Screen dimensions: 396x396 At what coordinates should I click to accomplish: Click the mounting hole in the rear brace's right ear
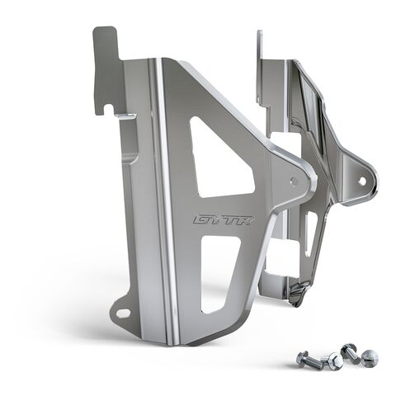point(360,174)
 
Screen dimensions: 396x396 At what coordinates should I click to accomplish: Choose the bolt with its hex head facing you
point(333,361)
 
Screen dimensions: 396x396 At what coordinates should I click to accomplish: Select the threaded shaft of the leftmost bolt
point(301,360)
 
